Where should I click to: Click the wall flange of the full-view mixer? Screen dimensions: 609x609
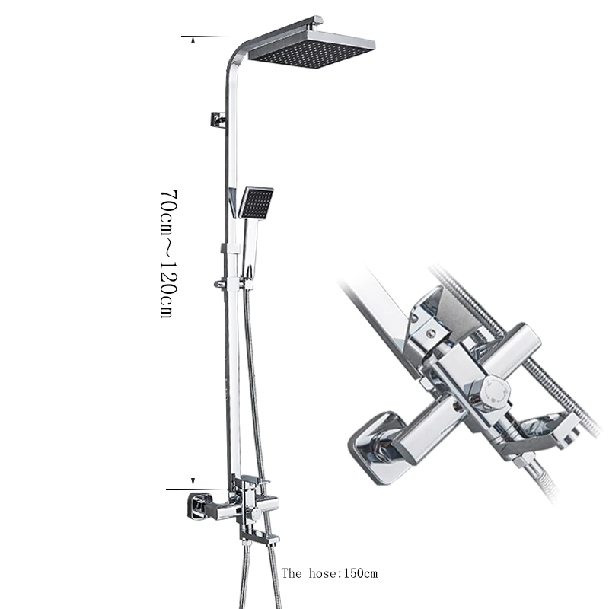(x=197, y=506)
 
